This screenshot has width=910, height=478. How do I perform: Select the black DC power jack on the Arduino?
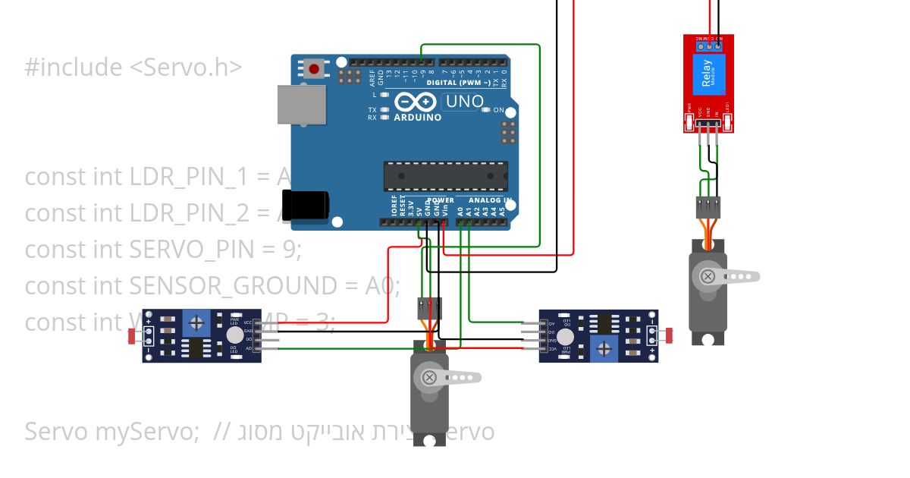click(x=305, y=207)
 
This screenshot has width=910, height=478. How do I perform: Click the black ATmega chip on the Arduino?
click(x=445, y=176)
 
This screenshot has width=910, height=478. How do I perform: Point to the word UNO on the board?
click(x=463, y=102)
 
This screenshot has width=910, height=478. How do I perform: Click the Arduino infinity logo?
click(x=415, y=102)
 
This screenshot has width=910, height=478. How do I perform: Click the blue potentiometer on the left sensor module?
click(x=196, y=324)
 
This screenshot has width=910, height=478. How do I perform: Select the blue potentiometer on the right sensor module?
click(x=604, y=348)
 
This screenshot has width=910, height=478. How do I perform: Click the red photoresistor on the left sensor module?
click(x=133, y=335)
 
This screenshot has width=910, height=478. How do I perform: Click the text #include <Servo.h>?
click(x=133, y=68)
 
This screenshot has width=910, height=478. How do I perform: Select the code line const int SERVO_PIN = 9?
click(x=163, y=249)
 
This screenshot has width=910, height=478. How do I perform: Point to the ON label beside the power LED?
click(x=499, y=110)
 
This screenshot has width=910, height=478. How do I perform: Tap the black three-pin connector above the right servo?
click(x=708, y=206)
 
